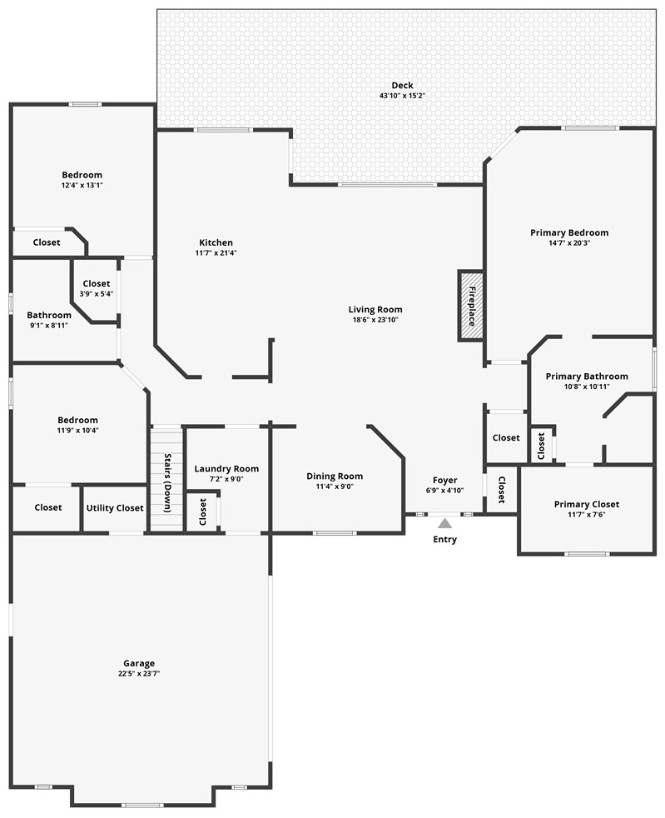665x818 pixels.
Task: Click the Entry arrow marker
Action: point(445,523)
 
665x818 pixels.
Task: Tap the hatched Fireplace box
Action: point(470,306)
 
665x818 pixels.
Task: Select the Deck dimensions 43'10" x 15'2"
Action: point(402,96)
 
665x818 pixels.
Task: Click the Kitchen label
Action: point(216,242)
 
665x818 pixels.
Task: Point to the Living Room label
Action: point(375,309)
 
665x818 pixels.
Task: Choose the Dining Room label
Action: point(335,476)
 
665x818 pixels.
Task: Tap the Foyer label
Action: point(445,480)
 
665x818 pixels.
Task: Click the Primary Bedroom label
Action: point(569,232)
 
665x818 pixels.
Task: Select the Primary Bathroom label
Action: point(587,377)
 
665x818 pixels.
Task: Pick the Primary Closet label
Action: point(587,504)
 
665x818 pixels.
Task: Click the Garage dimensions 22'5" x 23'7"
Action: point(139,673)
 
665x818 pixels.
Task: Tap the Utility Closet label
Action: point(115,507)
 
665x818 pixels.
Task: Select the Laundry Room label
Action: point(226,469)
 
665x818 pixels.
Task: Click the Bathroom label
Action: point(49,315)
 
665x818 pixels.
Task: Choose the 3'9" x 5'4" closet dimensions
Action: point(97,293)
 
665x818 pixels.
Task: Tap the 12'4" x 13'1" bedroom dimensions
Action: point(82,185)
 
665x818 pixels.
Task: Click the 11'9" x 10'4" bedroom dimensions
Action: point(77,430)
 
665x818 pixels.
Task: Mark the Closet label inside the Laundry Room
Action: point(202,512)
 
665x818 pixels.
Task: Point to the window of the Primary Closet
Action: point(587,554)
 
